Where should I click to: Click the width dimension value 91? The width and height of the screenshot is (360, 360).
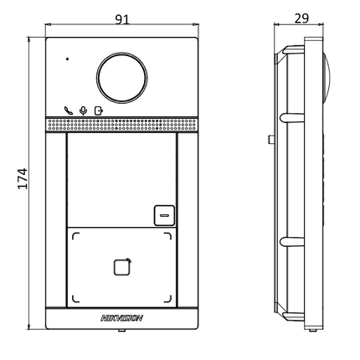click(122, 18)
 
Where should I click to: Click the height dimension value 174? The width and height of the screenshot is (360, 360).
click(23, 177)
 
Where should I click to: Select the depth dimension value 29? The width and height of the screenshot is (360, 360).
click(302, 18)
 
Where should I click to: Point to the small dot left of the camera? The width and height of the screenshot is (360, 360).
click(68, 60)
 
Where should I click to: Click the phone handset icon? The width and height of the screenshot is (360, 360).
click(68, 109)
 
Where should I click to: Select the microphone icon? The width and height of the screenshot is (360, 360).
click(82, 109)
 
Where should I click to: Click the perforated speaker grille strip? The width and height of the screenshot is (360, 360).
click(122, 125)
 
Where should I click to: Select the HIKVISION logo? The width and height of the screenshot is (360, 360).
click(122, 317)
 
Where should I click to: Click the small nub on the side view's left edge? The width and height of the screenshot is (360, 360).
click(270, 136)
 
